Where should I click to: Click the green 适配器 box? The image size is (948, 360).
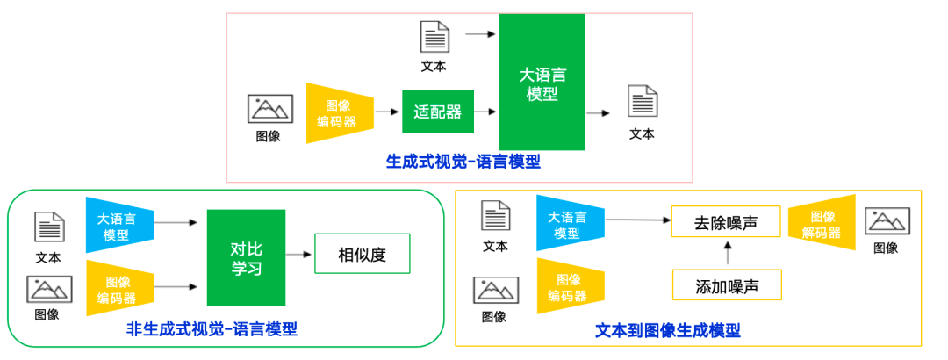438,112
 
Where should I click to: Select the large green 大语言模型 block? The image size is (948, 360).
542,83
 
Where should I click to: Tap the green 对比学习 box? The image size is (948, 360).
246,257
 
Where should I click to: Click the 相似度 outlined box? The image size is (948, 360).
362,256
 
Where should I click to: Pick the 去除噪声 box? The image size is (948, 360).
725,222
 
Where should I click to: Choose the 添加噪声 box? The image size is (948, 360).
725,285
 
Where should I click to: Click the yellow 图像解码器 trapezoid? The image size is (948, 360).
822,225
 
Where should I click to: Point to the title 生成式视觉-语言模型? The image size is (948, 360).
463,162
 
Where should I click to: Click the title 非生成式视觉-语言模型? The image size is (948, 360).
212,329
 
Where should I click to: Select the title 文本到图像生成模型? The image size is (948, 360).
667,331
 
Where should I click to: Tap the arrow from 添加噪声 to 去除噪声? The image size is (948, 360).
726,254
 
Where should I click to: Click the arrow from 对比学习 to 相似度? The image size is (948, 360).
299,256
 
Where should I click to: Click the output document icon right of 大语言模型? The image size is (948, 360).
642,102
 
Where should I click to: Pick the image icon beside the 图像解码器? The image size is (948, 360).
887,221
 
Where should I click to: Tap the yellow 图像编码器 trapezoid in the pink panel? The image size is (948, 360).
337,113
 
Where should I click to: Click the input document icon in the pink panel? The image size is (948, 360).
434,38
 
